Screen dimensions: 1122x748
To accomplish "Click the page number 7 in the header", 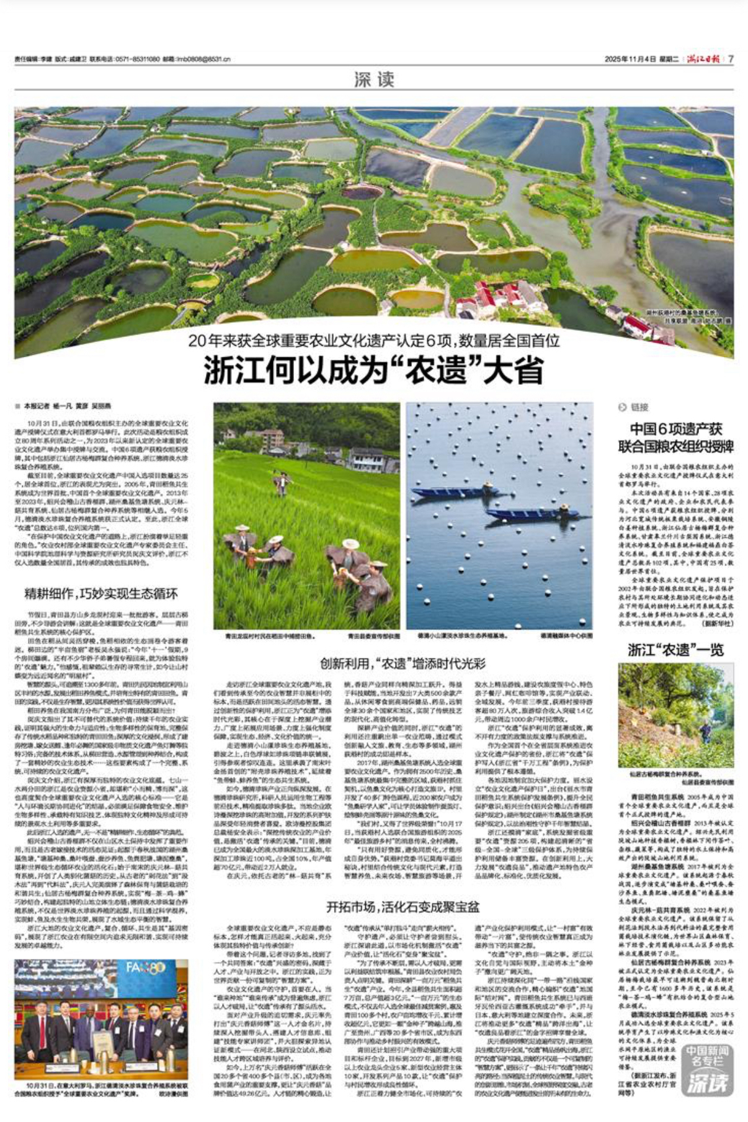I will click(x=731, y=59).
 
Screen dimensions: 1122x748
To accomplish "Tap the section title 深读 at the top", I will click(x=374, y=79).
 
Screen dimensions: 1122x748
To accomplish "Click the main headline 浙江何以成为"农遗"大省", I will click(x=374, y=370).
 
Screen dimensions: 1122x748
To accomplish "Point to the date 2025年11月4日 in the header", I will click(x=630, y=59).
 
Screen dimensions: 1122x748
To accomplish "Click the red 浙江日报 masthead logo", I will click(x=703, y=59).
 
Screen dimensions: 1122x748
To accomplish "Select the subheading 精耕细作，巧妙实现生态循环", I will click(x=101, y=593).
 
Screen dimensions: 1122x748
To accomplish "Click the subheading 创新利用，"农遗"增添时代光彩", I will click(x=403, y=663).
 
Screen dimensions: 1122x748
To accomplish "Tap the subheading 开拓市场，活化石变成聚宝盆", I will click(x=403, y=906).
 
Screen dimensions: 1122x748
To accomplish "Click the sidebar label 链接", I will click(x=639, y=407).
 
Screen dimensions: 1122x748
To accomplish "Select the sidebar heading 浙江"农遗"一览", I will click(x=675, y=649).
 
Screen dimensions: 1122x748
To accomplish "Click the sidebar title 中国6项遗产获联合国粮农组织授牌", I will click(x=675, y=438).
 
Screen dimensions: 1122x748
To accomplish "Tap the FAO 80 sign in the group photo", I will click(x=145, y=967).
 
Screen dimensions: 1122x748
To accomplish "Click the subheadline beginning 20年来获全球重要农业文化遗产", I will click(x=374, y=341).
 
